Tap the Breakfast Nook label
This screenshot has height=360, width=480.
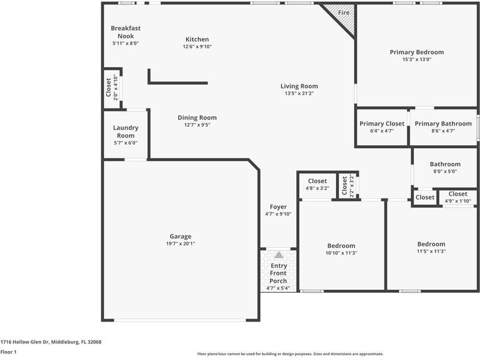tap(125, 32)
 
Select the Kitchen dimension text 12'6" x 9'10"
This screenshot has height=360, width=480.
tap(197, 47)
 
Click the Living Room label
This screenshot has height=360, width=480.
tap(299, 86)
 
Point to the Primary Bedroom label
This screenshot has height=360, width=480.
tap(416, 52)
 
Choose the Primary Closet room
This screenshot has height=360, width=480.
tap(382, 127)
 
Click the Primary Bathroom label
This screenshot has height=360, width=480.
tap(443, 124)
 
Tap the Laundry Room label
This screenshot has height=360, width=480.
tap(125, 131)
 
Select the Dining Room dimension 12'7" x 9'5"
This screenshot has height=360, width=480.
tap(197, 125)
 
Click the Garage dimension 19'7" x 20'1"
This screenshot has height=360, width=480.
tap(180, 244)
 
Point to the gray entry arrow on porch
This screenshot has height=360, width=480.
tap(278, 255)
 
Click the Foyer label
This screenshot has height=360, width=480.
tap(278, 207)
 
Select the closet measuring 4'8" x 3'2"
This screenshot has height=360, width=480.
tap(317, 185)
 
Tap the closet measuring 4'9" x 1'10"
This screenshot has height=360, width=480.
tap(457, 197)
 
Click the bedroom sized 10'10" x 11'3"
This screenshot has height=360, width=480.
tap(341, 249)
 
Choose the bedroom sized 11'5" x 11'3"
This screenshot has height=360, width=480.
tap(431, 247)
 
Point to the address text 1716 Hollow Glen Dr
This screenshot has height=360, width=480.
tap(51, 342)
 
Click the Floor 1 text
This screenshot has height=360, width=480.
tap(8, 352)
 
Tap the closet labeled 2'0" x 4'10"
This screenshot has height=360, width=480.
tap(112, 88)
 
